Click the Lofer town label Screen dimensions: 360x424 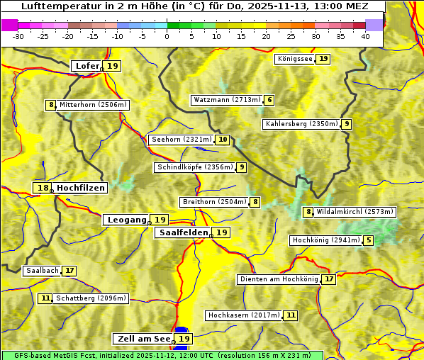tap(87, 66)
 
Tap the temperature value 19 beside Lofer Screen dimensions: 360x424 tap(113, 66)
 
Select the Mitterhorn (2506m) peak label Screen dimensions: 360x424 tap(93, 105)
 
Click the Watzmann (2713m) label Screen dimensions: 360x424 tap(227, 100)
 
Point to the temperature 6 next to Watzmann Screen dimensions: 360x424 tap(269, 100)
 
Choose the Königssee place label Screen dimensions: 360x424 tap(294, 59)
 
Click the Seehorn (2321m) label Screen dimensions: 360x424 tap(182, 140)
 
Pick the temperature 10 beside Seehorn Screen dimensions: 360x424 tap(223, 140)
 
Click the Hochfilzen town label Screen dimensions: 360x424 tap(81, 188)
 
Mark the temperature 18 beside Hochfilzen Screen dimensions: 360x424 tap(43, 188)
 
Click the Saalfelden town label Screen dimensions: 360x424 tap(183, 232)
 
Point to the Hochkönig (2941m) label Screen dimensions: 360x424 tap(326, 240)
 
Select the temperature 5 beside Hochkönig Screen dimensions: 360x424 tap(369, 240)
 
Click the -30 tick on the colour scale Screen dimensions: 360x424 tap(18, 36)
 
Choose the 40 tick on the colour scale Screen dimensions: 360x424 tap(365, 36)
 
